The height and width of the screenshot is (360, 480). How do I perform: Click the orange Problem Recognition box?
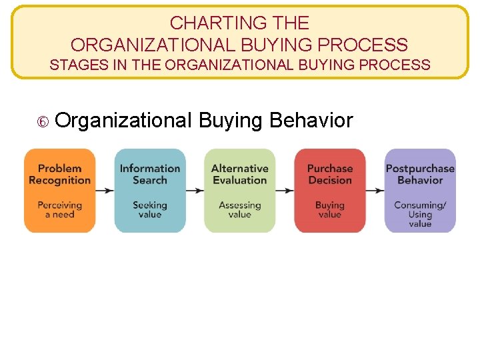click(60, 191)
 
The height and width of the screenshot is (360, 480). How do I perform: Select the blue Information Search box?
click(150, 191)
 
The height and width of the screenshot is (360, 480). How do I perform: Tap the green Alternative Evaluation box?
click(239, 191)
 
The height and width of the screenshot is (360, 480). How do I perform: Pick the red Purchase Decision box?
click(329, 191)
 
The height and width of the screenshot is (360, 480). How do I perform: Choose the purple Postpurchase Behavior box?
click(420, 191)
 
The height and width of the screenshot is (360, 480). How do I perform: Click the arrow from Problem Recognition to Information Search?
click(105, 190)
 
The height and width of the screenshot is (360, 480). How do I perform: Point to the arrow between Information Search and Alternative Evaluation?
click(195, 190)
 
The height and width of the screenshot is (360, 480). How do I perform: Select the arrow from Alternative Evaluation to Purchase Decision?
click(285, 190)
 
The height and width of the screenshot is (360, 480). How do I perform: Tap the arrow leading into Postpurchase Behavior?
click(375, 190)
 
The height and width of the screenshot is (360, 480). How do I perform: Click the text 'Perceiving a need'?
click(60, 209)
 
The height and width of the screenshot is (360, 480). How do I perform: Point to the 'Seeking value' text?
click(150, 209)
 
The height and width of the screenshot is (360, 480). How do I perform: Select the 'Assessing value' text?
click(239, 209)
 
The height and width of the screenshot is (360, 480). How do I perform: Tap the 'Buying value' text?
click(329, 209)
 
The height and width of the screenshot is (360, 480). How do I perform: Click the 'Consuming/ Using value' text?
click(420, 214)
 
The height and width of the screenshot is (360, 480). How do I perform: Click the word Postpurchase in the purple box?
click(420, 169)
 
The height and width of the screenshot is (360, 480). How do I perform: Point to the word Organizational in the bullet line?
click(124, 121)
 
